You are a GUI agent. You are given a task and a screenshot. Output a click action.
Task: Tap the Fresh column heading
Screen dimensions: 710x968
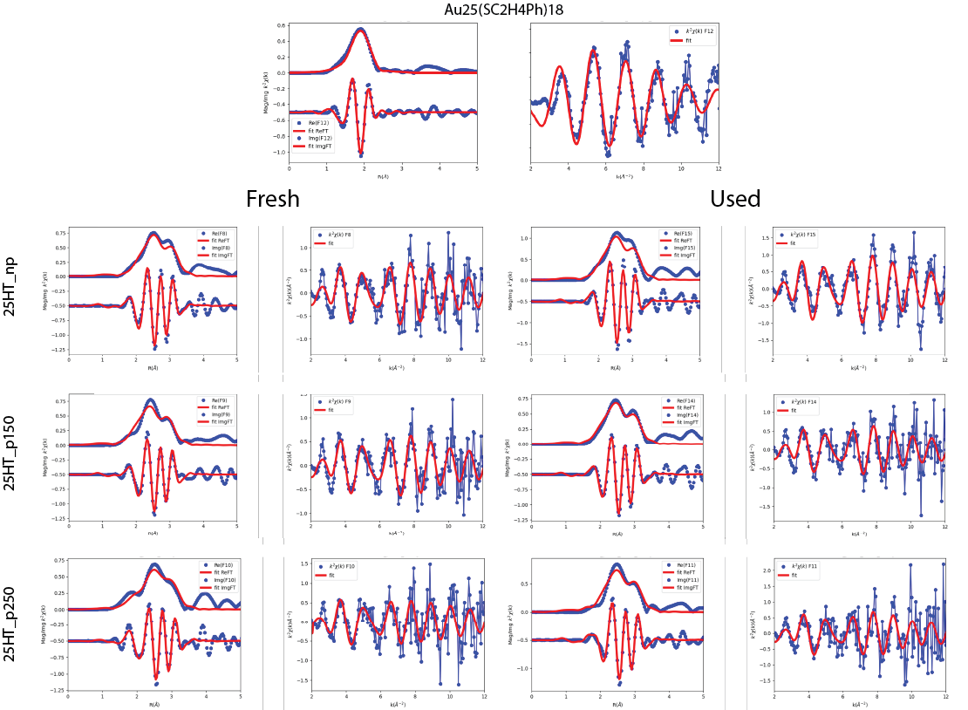pyautogui.click(x=273, y=199)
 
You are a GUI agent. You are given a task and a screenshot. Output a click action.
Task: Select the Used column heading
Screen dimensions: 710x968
pyautogui.click(x=735, y=199)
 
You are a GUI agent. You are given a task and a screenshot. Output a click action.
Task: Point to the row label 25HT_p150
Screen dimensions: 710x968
pyautogui.click(x=10, y=454)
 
